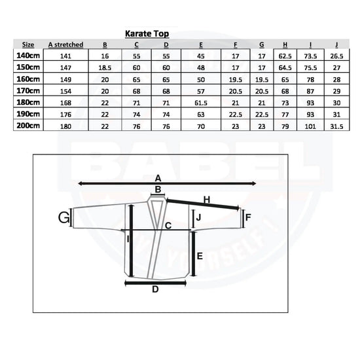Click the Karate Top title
[147, 34]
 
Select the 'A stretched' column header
[65, 45]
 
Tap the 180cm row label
[28, 102]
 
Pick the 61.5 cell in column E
[201, 103]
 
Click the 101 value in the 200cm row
[310, 126]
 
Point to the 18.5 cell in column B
[105, 67]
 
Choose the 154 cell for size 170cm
[65, 91]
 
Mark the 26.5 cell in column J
[336, 56]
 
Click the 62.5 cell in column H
[285, 56]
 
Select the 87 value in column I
[310, 91]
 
